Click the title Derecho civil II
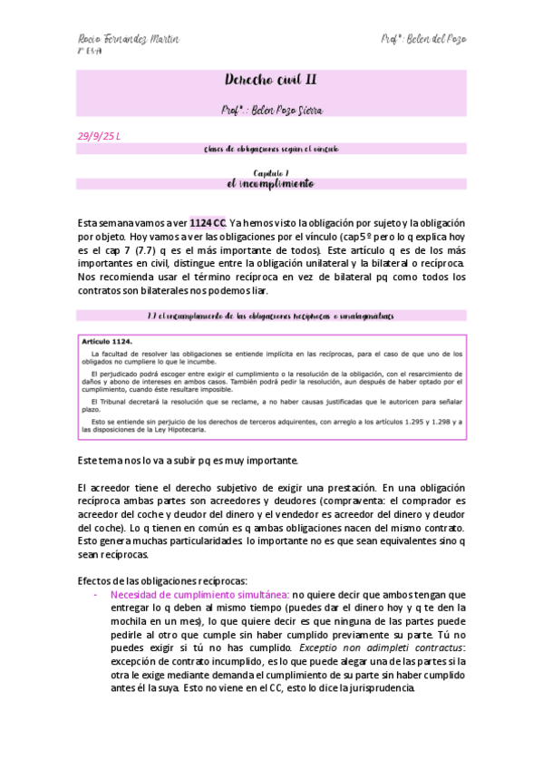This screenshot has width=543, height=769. [271, 81]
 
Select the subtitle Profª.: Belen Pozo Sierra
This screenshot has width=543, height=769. [271, 109]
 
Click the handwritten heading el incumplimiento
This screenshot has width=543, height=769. [271, 183]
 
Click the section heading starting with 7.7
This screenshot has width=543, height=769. [271, 316]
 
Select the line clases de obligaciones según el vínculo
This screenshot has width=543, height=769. [271, 147]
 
